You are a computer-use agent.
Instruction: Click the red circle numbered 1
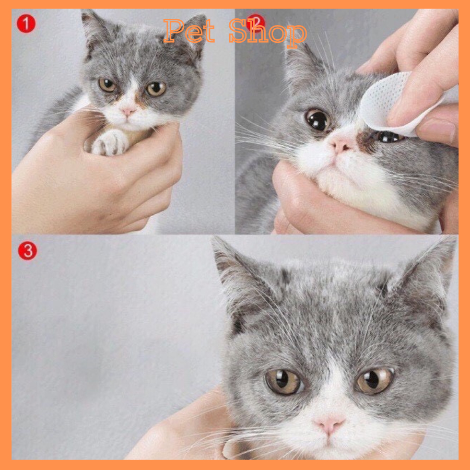pos(26,23)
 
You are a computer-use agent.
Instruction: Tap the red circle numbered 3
pos(27,251)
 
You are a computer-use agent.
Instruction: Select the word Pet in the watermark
pos(189,31)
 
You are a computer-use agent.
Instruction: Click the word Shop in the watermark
pos(268,32)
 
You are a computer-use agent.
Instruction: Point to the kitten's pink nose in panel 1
pos(128,112)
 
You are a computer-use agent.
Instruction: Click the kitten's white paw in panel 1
pos(110,143)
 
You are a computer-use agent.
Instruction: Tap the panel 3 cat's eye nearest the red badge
pos(283,381)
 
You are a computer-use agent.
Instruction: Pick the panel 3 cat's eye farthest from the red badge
pos(374,381)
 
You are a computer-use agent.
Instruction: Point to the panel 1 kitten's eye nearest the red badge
pos(107,85)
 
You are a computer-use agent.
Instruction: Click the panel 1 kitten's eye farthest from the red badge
pos(156,89)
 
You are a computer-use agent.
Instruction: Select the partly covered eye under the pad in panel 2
pos(388,137)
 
